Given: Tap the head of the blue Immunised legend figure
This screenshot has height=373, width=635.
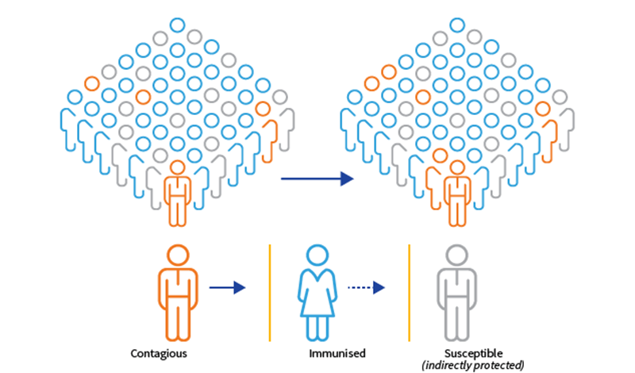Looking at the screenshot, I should [x=317, y=256].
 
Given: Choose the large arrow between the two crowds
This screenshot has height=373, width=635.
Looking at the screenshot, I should [x=316, y=179].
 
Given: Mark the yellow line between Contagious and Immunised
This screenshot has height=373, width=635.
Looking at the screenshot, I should [x=270, y=292].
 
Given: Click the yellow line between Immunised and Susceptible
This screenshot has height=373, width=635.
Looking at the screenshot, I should [x=410, y=292].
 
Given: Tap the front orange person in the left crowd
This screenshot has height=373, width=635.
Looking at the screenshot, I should [x=178, y=186].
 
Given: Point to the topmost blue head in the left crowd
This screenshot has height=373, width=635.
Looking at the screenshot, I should [x=178, y=24].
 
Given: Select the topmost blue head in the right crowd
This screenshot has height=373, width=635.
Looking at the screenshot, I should [x=456, y=24].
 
